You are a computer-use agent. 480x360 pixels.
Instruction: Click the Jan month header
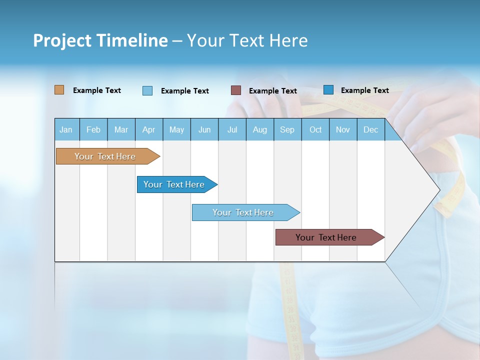66,129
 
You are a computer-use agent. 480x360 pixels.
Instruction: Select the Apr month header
149,129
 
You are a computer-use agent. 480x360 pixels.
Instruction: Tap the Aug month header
260,129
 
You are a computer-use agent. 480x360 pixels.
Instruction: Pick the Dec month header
370,129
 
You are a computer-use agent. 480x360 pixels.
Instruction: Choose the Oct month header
315,129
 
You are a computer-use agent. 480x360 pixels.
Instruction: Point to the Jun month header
204,129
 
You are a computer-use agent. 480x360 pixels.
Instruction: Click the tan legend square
59,90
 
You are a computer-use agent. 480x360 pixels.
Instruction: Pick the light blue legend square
147,90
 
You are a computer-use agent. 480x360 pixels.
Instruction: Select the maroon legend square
236,90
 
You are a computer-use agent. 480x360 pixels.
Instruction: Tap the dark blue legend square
328,90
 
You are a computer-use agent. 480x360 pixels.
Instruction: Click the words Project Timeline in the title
100,40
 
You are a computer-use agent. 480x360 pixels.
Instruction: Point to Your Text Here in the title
247,40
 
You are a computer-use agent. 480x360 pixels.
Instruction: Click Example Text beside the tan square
97,90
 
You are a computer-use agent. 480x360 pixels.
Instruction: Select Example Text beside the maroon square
273,91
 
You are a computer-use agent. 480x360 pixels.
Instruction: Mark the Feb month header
93,129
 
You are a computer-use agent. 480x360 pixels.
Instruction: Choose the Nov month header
343,129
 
